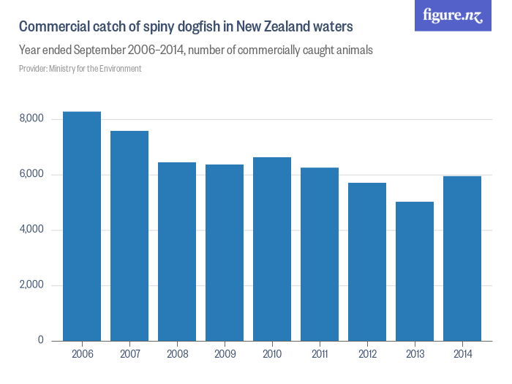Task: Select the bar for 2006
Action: pyautogui.click(x=82, y=226)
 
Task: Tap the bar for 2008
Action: pyautogui.click(x=177, y=252)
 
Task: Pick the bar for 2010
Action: pyautogui.click(x=272, y=249)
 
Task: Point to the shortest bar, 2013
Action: pyautogui.click(x=415, y=271)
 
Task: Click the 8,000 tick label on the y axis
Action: pyautogui.click(x=31, y=119)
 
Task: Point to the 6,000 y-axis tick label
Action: pyautogui.click(x=31, y=175)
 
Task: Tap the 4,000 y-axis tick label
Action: pyautogui.click(x=31, y=230)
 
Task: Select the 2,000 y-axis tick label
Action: pyautogui.click(x=31, y=285)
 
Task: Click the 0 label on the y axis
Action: pyautogui.click(x=40, y=341)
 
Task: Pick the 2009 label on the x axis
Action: pyautogui.click(x=225, y=354)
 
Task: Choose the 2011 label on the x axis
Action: pyautogui.click(x=320, y=354)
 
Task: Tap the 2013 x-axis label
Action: pyautogui.click(x=415, y=354)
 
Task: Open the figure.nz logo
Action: pyautogui.click(x=453, y=15)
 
